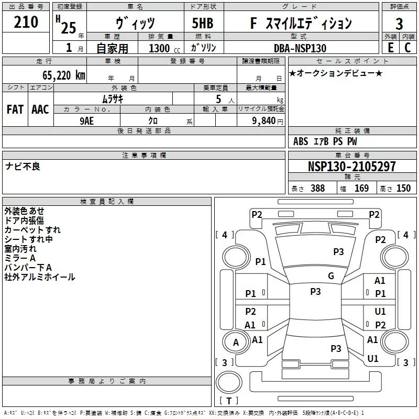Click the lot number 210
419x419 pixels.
[26, 22]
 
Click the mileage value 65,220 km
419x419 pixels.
[64, 75]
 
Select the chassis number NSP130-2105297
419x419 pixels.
[351, 167]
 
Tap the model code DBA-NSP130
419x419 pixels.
[300, 48]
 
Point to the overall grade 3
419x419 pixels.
[399, 24]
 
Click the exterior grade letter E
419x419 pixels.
[391, 48]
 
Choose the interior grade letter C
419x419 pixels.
[407, 48]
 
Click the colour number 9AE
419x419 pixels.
[87, 121]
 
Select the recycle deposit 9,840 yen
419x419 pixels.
[268, 121]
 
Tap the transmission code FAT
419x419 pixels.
[15, 109]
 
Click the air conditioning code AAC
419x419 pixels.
[40, 109]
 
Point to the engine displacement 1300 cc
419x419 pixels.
[164, 48]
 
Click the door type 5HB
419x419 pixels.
[203, 23]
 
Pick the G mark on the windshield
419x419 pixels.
[331, 276]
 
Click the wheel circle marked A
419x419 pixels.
[236, 343]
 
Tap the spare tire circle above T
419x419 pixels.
[229, 382]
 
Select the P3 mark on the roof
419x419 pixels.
[315, 292]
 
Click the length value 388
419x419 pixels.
[318, 188]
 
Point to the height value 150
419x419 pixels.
[403, 188]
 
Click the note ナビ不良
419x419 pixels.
[23, 167]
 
